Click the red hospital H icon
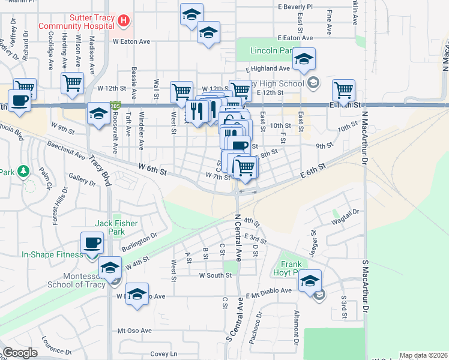pos(124,21)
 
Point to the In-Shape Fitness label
pos(53,254)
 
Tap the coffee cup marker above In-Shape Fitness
pos(92,243)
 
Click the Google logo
pos(20,353)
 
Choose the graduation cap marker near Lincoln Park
pos(304,59)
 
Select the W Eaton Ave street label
pos(131,41)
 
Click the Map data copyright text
pos(424,355)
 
